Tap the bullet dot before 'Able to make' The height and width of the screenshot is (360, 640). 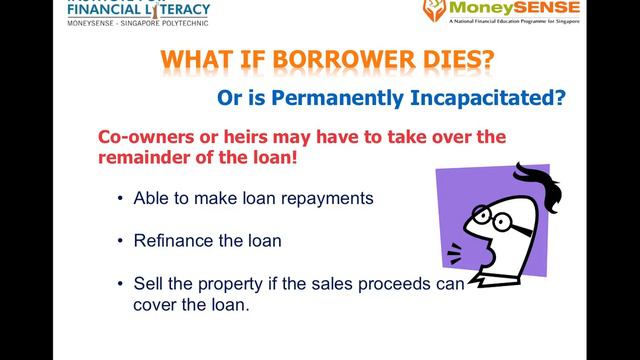click(119, 198)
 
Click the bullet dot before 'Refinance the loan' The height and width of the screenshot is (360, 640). click(119, 241)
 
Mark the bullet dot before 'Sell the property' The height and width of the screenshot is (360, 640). click(119, 284)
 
